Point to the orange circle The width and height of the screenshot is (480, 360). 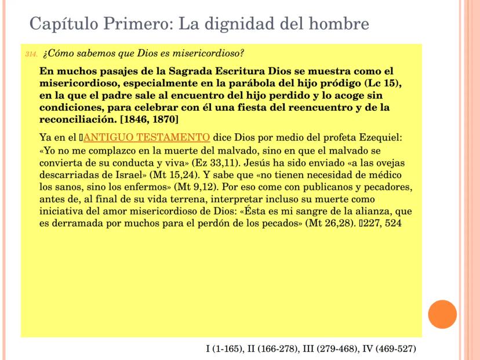pyautogui.click(x=442, y=314)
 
